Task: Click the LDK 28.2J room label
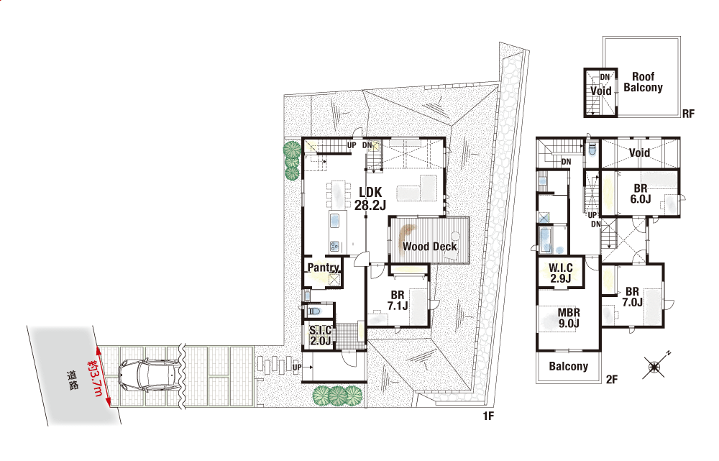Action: coord(370,198)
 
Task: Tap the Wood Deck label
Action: coord(430,247)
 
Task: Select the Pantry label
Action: coord(324,268)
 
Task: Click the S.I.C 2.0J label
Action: coord(320,335)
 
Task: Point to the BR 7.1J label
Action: coord(398,301)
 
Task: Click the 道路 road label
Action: coord(73,380)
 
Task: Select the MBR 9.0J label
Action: coord(569,318)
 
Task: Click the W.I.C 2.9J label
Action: coord(561,273)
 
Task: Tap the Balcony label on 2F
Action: coord(569,366)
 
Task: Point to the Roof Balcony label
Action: coord(643,82)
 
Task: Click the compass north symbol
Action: coord(654,366)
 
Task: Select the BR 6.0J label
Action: coord(641,193)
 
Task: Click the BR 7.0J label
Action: coord(632,297)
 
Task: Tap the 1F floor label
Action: coord(488,416)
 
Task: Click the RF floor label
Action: coord(688,114)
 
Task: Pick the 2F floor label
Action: coord(612,379)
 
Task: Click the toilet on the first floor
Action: coord(314,311)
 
